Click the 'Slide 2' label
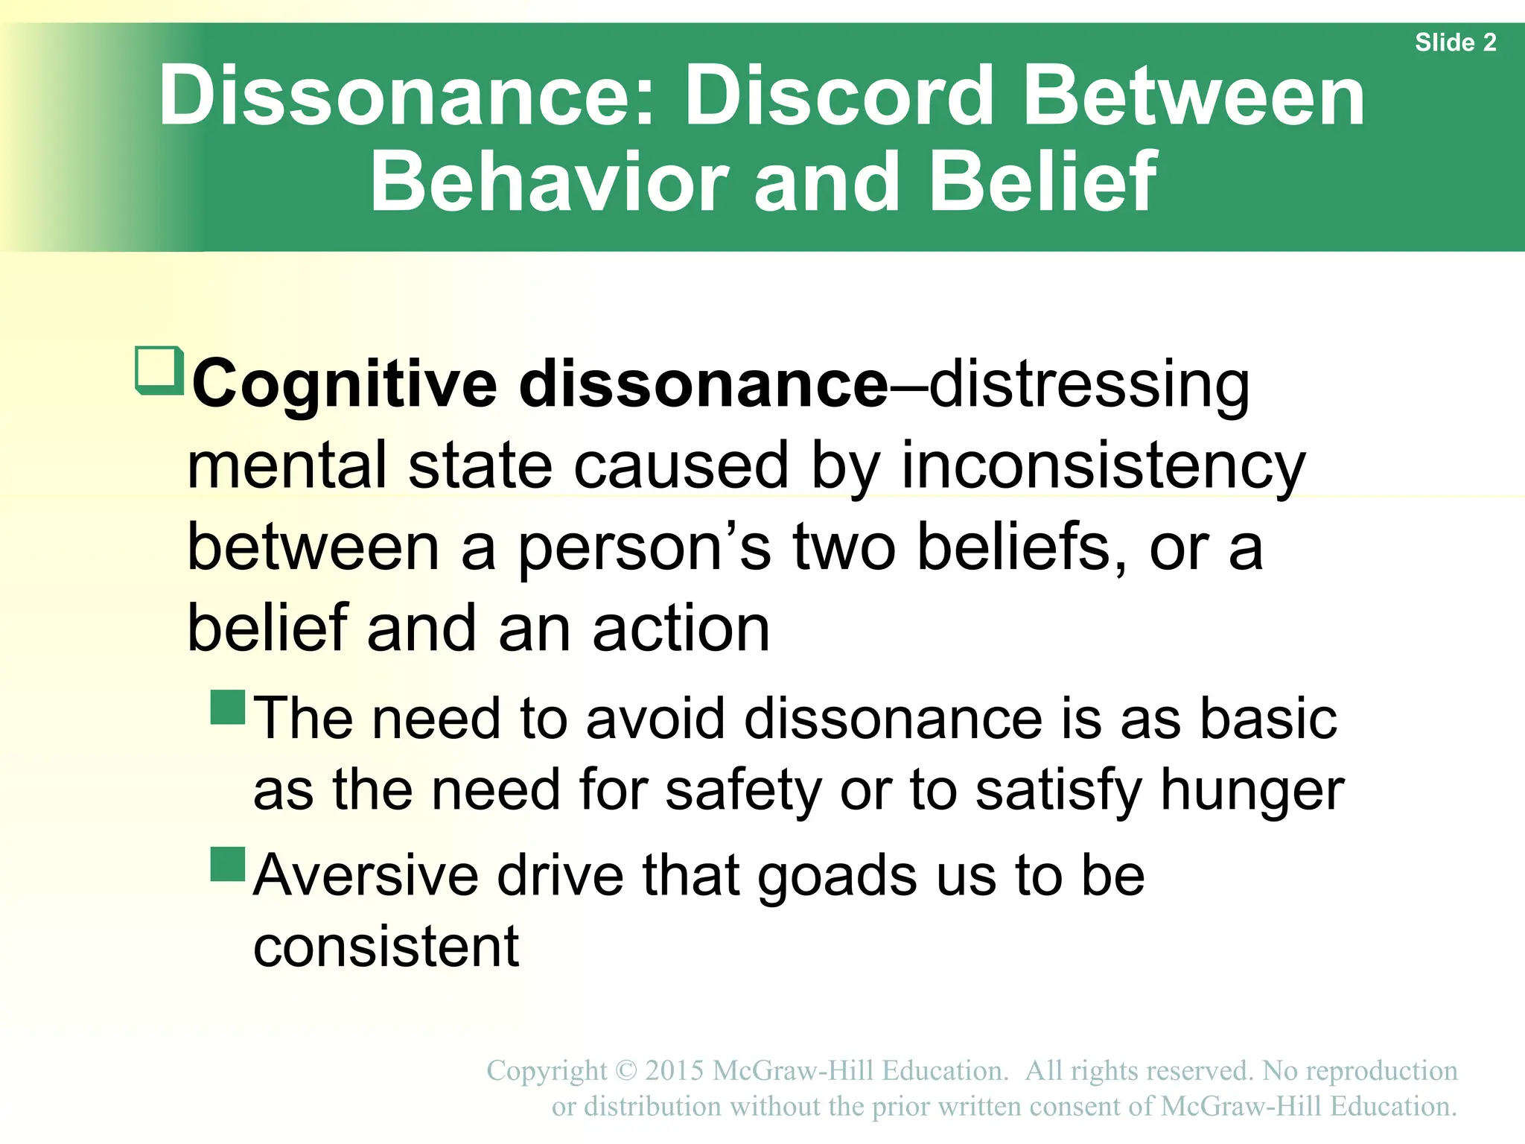(x=1455, y=42)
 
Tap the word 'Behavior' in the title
(x=550, y=181)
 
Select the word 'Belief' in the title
(x=1044, y=181)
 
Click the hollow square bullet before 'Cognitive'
(x=158, y=369)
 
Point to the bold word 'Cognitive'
(x=344, y=384)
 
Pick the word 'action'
(x=681, y=629)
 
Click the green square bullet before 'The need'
(x=228, y=708)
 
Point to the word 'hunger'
(x=1252, y=791)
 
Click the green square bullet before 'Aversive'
(x=228, y=865)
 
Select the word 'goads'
(x=837, y=877)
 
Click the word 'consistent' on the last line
(x=386, y=947)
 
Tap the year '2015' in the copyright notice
(x=674, y=1071)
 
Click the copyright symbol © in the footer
(x=626, y=1071)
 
